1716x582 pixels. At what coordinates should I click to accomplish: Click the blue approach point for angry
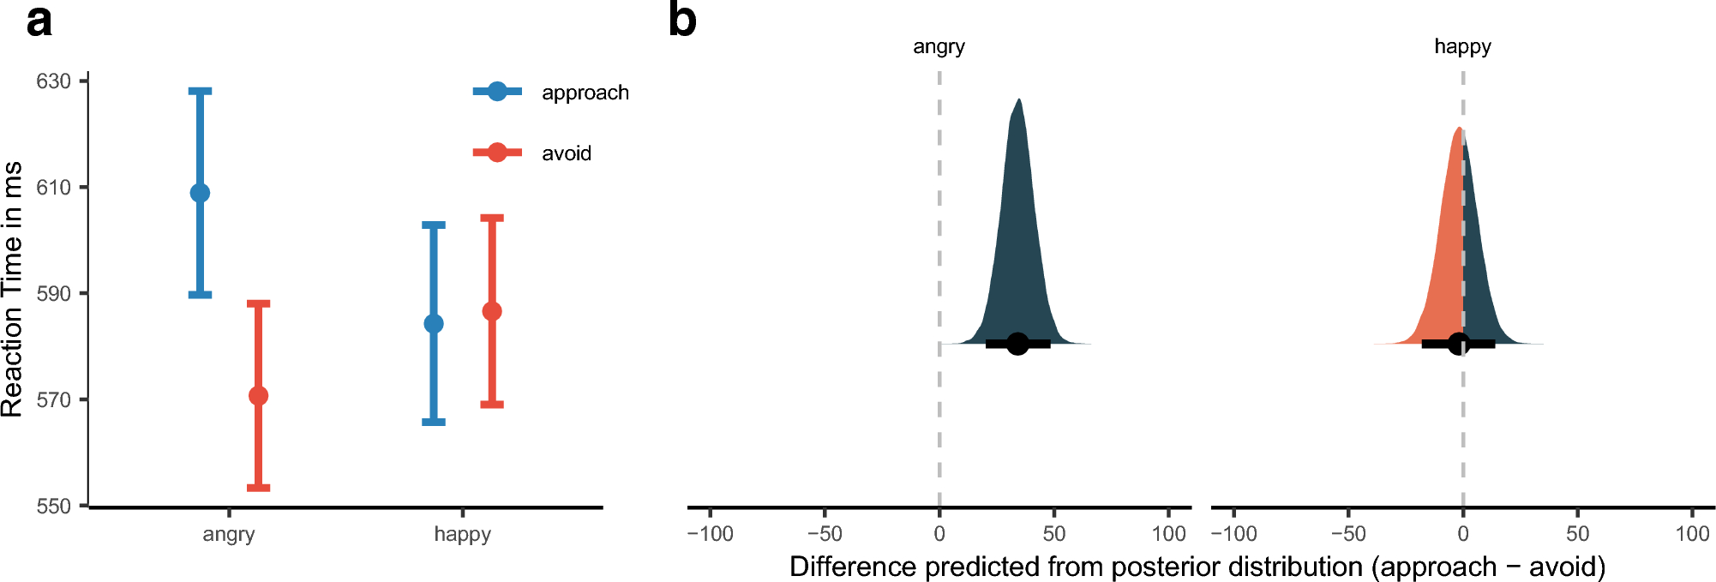pyautogui.click(x=200, y=193)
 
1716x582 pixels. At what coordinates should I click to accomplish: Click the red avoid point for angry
pyautogui.click(x=258, y=396)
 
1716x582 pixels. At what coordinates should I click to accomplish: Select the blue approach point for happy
pyautogui.click(x=434, y=324)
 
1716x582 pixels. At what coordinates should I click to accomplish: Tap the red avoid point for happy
pyautogui.click(x=492, y=311)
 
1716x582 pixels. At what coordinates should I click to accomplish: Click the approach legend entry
pyautogui.click(x=585, y=93)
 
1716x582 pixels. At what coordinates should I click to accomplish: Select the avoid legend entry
pyautogui.click(x=566, y=153)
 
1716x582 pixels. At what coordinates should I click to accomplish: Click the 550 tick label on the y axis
pyautogui.click(x=53, y=507)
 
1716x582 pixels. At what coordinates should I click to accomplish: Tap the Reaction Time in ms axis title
pyautogui.click(x=13, y=290)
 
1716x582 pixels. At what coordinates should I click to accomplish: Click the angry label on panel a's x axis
pyautogui.click(x=229, y=535)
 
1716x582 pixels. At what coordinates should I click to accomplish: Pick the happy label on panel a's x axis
pyautogui.click(x=462, y=535)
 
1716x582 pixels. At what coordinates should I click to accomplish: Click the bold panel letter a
pyautogui.click(x=39, y=21)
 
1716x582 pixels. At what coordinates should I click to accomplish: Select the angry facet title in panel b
pyautogui.click(x=939, y=47)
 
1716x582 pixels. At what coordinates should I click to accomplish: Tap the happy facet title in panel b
pyautogui.click(x=1462, y=47)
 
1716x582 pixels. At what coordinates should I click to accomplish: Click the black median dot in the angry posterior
pyautogui.click(x=1017, y=344)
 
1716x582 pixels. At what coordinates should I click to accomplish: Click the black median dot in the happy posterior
pyautogui.click(x=1458, y=344)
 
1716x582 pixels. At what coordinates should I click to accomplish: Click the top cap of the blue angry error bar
pyautogui.click(x=200, y=91)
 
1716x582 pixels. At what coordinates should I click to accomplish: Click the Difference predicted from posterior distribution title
pyautogui.click(x=1197, y=567)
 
